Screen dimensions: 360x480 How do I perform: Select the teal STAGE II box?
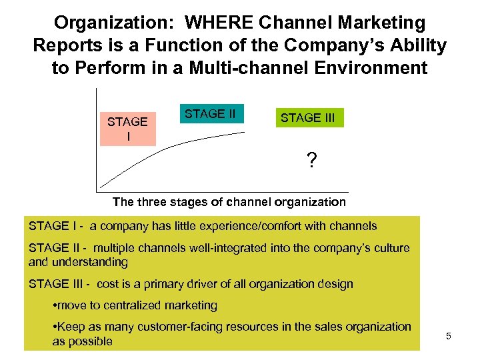[210, 114]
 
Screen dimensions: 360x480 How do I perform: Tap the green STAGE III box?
[308, 118]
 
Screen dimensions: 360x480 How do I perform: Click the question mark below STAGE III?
[311, 161]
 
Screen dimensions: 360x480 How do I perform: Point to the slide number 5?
[449, 336]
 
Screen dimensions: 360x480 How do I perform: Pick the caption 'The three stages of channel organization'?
[229, 201]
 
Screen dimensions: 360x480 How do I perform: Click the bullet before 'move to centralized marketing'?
[54, 306]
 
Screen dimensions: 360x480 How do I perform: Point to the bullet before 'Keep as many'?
[54, 327]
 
